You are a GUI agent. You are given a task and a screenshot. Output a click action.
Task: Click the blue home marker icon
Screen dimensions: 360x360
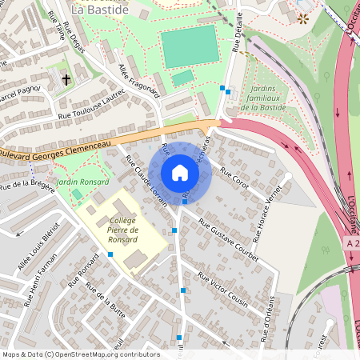tap(180, 173)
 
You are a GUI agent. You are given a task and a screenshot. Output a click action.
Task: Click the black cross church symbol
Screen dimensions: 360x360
tap(66, 80)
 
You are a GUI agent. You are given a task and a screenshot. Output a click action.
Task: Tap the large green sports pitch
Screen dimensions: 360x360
tap(190, 46)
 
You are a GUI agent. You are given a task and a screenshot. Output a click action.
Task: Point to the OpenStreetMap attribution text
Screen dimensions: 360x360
tap(81, 354)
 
